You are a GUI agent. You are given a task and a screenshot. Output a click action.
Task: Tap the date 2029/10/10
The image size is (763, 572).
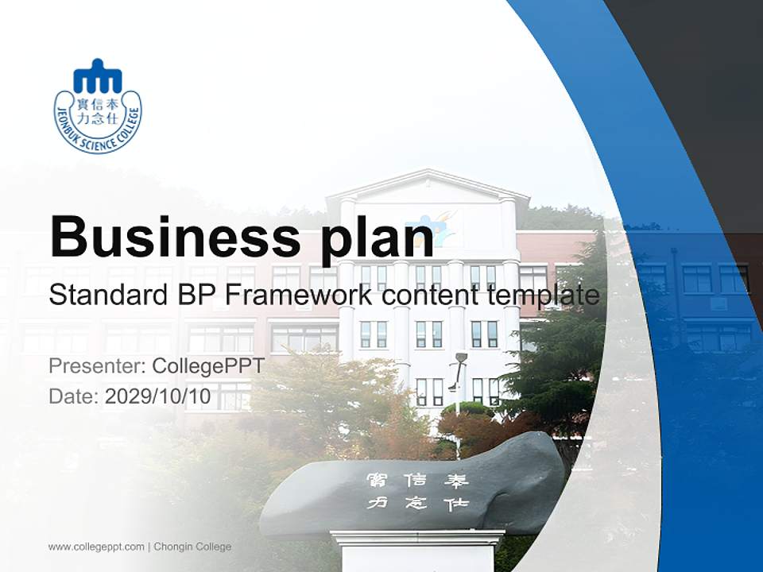point(158,396)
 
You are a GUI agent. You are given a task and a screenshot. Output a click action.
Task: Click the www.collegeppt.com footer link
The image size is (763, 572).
point(96,547)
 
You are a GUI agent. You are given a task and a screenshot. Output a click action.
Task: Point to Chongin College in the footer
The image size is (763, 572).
point(192,547)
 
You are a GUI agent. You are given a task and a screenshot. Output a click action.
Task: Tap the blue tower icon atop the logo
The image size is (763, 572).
point(98,77)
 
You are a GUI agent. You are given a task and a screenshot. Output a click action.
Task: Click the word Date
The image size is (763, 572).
point(73,396)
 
